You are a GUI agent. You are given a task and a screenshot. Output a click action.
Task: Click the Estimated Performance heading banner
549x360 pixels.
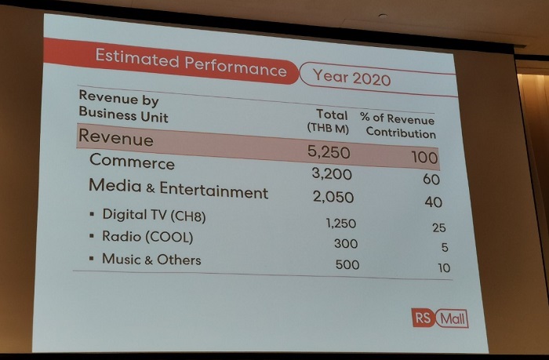191,63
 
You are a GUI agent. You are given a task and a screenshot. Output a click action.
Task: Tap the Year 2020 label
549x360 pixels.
351,77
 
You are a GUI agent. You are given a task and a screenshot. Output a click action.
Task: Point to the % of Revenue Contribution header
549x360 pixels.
398,126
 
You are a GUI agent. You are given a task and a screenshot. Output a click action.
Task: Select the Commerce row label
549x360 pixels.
132,162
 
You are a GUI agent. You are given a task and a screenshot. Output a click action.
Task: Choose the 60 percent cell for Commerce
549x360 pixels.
431,180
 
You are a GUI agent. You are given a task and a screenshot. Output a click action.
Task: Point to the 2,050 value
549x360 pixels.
333,198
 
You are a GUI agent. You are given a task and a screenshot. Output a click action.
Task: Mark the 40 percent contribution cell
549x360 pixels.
433,202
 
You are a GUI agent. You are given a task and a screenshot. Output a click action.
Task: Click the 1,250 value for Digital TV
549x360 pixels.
340,224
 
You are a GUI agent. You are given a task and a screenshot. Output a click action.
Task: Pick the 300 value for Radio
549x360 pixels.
345,244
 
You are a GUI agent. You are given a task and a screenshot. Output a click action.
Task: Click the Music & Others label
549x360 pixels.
151,260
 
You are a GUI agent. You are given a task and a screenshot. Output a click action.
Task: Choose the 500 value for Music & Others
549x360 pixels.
347,265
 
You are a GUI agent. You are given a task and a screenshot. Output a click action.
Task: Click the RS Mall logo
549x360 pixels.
440,318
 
